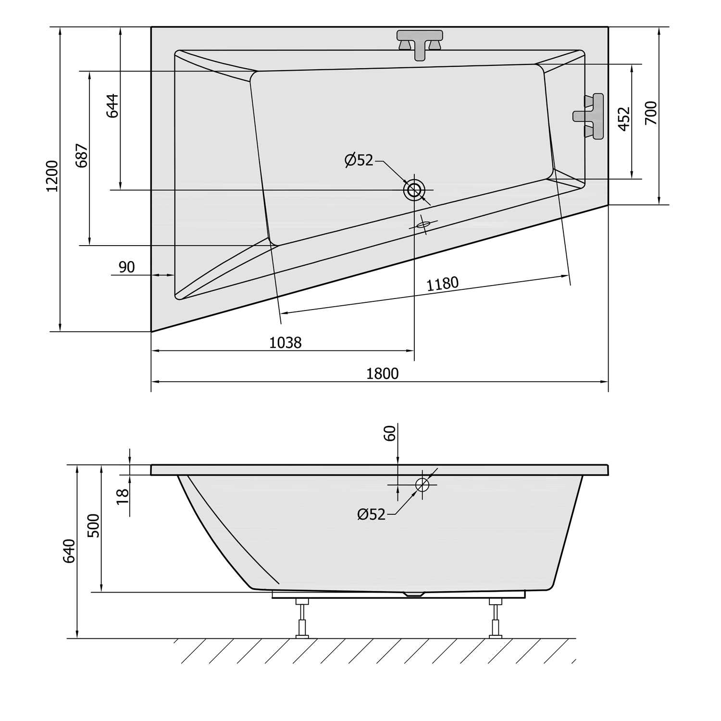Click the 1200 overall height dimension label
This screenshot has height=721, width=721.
click(x=52, y=176)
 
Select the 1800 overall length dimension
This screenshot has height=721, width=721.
click(x=382, y=373)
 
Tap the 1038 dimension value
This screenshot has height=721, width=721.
click(x=285, y=343)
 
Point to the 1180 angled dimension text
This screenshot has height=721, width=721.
click(x=443, y=284)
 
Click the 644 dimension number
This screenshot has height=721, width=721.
click(x=112, y=106)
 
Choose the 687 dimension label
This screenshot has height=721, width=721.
click(x=82, y=155)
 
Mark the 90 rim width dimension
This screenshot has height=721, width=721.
click(x=126, y=267)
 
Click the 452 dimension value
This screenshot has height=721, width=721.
click(x=623, y=119)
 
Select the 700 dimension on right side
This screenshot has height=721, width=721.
click(x=650, y=113)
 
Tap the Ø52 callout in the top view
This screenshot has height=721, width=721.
click(x=359, y=160)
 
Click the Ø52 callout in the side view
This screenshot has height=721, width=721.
click(x=372, y=515)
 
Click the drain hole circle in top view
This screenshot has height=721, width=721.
click(x=414, y=190)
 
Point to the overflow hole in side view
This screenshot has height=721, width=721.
click(x=422, y=485)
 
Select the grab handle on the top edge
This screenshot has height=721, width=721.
click(x=420, y=44)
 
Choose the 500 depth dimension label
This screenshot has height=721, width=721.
click(x=94, y=526)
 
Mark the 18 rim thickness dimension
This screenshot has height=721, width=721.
click(x=123, y=496)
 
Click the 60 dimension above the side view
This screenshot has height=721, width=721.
click(x=390, y=433)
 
